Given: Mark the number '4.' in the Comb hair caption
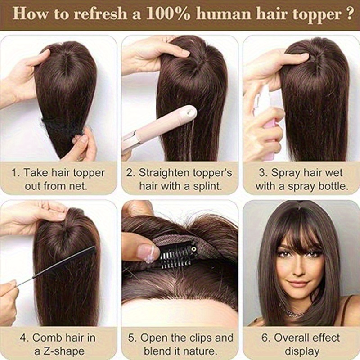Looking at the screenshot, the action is click(24, 338).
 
